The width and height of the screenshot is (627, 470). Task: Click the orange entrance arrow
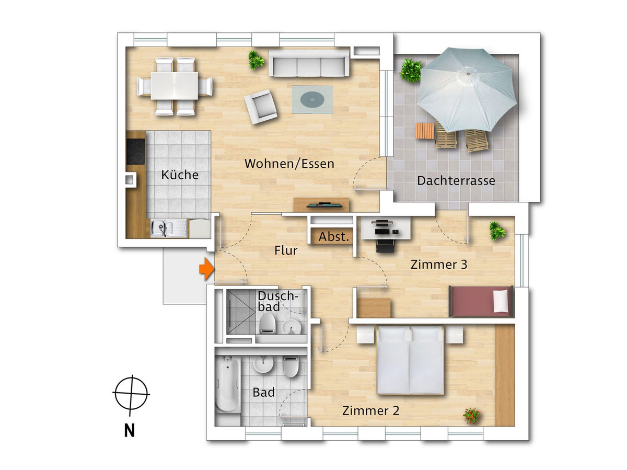point(207,269)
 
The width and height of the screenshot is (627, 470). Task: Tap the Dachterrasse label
point(456,180)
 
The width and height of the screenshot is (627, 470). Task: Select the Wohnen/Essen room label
point(289,164)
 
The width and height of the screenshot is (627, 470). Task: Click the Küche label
point(180,175)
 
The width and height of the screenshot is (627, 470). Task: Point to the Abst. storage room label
point(334,237)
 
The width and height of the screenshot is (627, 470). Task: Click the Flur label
point(286,250)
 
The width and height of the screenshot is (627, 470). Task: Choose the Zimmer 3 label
point(439,265)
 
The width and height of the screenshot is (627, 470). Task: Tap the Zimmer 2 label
point(370,411)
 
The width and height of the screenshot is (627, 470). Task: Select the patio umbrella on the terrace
point(467,89)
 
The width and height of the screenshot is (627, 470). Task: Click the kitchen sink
point(169,228)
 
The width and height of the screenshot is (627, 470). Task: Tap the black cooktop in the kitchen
point(136,152)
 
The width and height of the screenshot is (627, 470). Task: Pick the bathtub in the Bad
point(227,386)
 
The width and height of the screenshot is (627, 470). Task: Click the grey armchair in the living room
point(261,106)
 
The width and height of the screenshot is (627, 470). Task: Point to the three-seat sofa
point(309,64)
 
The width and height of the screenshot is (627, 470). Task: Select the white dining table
point(174,86)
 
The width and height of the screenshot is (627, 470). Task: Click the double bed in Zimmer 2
point(411,360)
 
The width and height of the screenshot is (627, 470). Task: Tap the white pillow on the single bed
point(501,301)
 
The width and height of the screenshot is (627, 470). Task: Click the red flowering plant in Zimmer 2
point(472,416)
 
